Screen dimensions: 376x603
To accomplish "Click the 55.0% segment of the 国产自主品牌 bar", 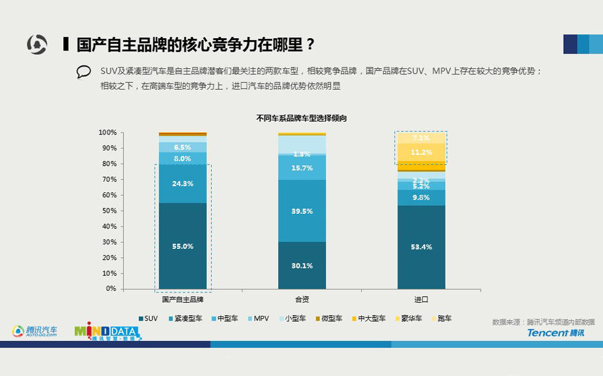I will (x=183, y=246).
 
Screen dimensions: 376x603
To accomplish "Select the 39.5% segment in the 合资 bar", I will (x=302, y=211).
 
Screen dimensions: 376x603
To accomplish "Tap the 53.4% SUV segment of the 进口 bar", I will (x=421, y=247).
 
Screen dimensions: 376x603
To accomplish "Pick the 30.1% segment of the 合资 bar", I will (x=302, y=265).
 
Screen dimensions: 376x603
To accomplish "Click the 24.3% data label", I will (x=183, y=184).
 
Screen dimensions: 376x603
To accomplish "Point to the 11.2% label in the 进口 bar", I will (x=421, y=152).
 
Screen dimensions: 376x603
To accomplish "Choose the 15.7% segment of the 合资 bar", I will (x=302, y=168).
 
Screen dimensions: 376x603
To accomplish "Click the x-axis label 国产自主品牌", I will (x=183, y=299).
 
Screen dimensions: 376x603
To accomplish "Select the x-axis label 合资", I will (x=302, y=299).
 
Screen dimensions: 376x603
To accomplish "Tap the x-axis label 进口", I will (x=421, y=299).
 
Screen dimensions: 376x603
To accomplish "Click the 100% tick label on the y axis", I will (x=107, y=133).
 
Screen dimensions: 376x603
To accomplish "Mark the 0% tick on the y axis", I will (x=111, y=289).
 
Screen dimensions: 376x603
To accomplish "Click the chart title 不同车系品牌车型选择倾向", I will (x=301, y=118).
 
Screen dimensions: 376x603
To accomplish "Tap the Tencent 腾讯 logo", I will (x=556, y=332).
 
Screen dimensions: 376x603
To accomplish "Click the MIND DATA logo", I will (x=107, y=332).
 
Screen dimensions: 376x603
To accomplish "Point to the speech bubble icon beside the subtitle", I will (x=84, y=72).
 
